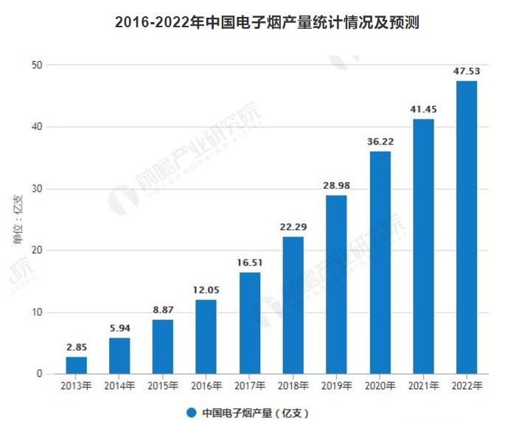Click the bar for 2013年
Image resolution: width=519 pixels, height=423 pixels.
[x=76, y=366]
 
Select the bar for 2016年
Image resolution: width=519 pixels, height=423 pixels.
[x=206, y=337]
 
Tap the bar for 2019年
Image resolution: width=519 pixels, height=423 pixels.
[x=336, y=284]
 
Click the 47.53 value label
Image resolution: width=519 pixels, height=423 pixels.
[x=467, y=71]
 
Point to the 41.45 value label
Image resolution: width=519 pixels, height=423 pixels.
[x=423, y=109]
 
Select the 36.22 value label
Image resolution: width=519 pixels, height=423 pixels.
[x=380, y=141]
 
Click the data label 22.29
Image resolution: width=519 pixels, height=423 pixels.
[x=293, y=227]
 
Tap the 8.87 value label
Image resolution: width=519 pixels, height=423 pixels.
[x=163, y=310]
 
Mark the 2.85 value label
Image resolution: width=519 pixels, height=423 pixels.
[x=76, y=347]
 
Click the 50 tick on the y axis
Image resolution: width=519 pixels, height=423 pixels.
[x=38, y=65]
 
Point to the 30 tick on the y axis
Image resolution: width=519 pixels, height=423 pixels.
[x=38, y=189]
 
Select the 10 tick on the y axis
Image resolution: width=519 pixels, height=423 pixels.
[x=38, y=312]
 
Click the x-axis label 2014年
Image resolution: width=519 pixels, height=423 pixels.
[x=119, y=385]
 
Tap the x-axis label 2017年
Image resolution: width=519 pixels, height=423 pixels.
[x=249, y=385]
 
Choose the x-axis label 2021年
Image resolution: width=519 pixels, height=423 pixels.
[x=423, y=385]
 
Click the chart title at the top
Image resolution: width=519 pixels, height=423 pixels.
[x=267, y=22]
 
